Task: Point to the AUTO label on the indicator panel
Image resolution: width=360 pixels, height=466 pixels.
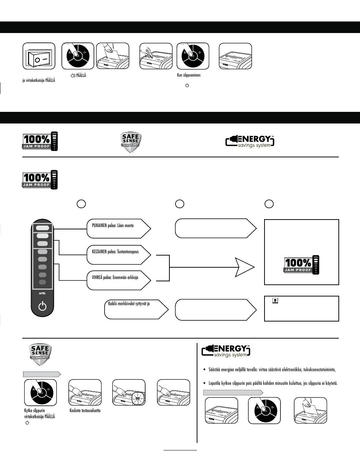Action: click(x=42, y=293)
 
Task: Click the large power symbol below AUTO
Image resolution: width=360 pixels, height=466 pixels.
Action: click(x=42, y=306)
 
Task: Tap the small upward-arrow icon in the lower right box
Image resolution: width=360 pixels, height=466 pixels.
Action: click(x=275, y=300)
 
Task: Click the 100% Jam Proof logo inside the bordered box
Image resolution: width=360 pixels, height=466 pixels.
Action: click(x=302, y=265)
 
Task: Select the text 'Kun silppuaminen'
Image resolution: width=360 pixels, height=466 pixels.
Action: click(x=189, y=75)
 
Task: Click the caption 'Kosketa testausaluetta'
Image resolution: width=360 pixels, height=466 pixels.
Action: click(x=85, y=411)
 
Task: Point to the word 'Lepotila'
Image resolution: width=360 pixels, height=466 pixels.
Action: click(x=214, y=383)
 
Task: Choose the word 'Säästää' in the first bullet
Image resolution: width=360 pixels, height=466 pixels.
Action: click(x=214, y=369)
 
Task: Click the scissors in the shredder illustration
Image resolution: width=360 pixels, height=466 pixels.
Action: click(x=148, y=53)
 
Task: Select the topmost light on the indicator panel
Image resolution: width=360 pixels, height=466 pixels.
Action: click(x=42, y=228)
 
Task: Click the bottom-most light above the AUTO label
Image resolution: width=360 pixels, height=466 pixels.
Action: click(x=42, y=282)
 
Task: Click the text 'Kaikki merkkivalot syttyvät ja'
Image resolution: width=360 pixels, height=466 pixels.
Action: click(x=129, y=304)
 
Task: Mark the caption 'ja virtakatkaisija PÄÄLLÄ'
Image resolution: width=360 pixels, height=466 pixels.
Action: click(x=39, y=80)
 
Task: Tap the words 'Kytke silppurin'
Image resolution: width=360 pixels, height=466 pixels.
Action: click(x=34, y=411)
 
